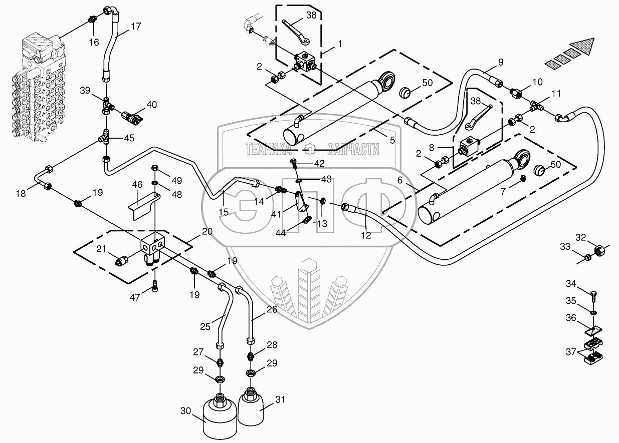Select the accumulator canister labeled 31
pyautogui.click(x=250, y=408)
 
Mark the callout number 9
pyautogui.click(x=500, y=63)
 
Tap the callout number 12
pyautogui.click(x=366, y=235)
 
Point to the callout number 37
pyautogui.click(x=570, y=353)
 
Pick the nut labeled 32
pyautogui.click(x=598, y=249)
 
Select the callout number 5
pyautogui.click(x=392, y=141)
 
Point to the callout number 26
pyautogui.click(x=271, y=309)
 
